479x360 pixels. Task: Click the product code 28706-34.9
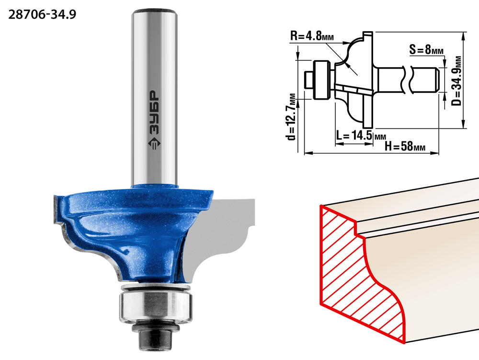coord(42,14)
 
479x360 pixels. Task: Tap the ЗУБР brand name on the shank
coord(155,113)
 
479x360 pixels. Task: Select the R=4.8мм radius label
coord(312,36)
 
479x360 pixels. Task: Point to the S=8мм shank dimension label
coord(426,49)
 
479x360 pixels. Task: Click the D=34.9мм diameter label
coord(456,81)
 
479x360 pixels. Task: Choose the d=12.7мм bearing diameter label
coord(292,116)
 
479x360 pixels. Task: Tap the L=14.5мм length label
coord(361,135)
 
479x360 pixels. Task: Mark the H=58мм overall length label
coord(405,146)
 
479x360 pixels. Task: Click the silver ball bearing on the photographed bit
coord(156,306)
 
